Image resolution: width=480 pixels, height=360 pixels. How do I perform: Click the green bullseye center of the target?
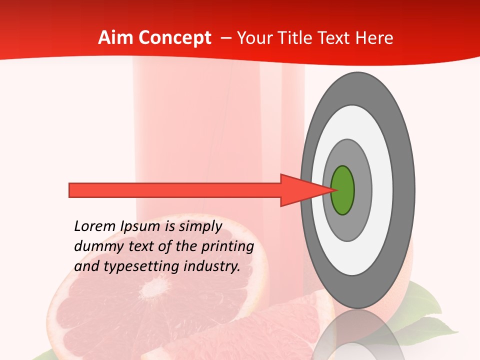tap(342, 190)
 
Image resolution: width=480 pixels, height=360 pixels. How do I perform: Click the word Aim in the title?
tap(116, 38)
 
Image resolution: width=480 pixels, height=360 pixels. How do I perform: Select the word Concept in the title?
tap(175, 38)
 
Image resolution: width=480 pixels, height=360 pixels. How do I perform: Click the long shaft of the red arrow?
tap(175, 190)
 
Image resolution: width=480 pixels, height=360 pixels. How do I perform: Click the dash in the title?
tap(225, 38)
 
